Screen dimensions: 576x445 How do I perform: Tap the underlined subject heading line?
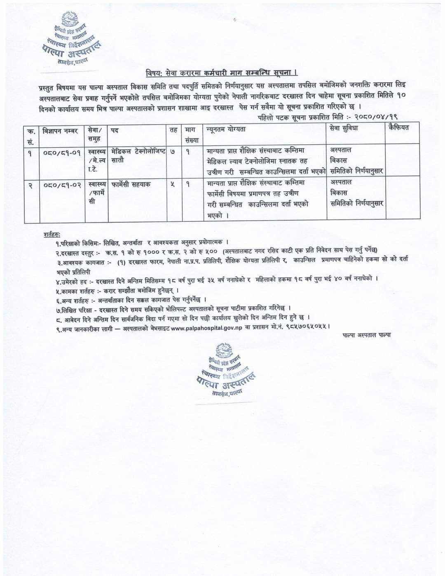[222, 73]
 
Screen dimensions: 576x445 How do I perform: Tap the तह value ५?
[173, 184]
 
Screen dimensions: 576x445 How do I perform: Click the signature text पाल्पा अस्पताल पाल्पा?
[366, 335]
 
